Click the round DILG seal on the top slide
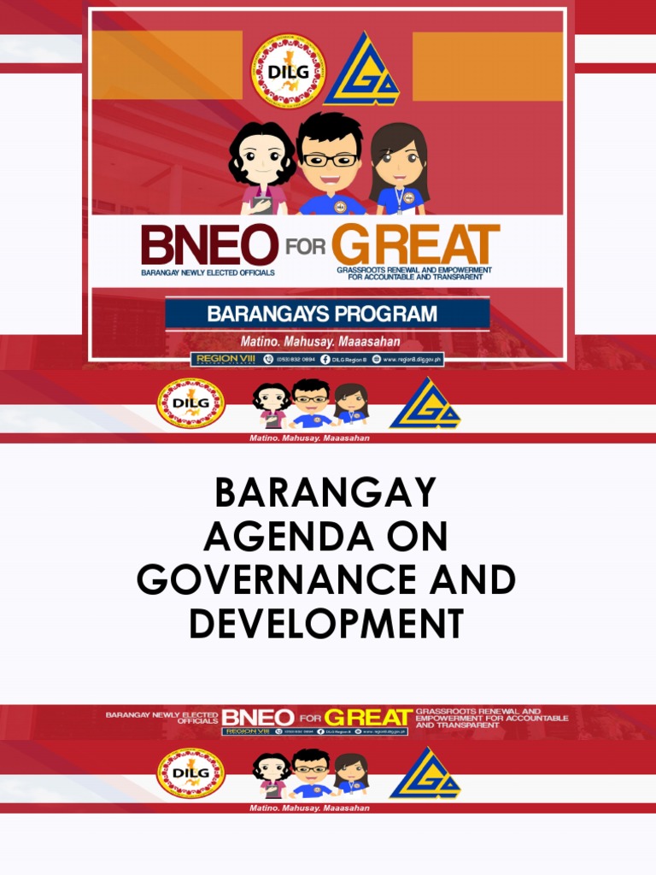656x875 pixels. click(288, 72)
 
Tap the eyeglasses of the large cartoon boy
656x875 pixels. click(330, 160)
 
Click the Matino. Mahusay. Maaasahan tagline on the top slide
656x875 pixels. click(327, 341)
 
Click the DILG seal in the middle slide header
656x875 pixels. click(190, 403)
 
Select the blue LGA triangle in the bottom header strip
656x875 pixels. click(425, 773)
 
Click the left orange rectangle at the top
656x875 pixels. click(167, 66)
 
